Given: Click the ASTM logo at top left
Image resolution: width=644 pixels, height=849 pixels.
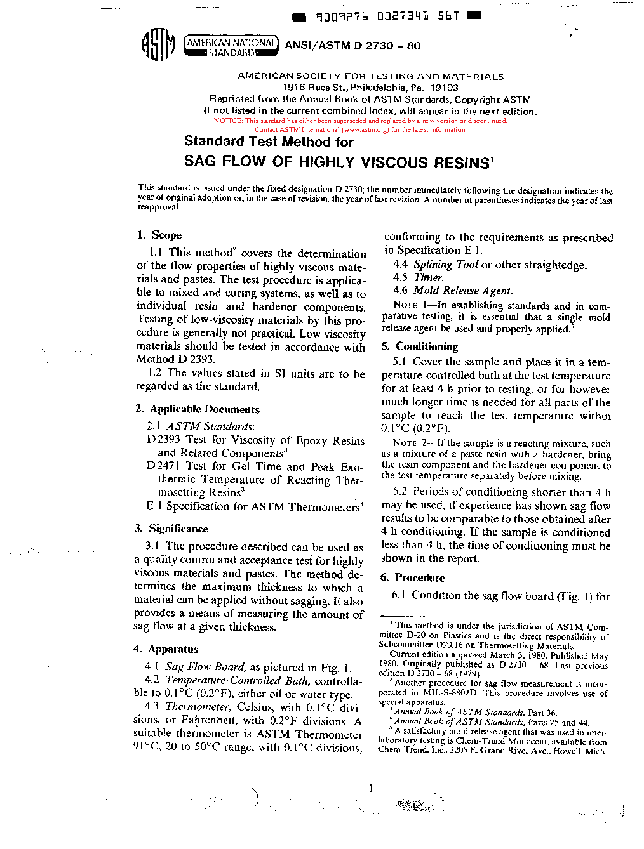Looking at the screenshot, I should [x=157, y=45].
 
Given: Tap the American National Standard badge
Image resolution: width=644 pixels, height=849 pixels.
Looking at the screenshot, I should [x=231, y=46].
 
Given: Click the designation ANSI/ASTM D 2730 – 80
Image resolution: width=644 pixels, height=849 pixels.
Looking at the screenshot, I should [x=352, y=46].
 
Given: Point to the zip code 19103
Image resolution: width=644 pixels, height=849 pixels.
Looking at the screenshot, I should [x=444, y=88].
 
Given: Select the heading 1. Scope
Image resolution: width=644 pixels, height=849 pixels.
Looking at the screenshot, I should [x=159, y=235].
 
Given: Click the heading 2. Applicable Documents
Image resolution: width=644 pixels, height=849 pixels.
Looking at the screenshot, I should [x=198, y=409].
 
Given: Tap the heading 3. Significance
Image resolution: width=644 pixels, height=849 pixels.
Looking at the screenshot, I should [x=171, y=529].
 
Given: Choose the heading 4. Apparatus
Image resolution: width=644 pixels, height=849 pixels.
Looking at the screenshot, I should [x=166, y=649].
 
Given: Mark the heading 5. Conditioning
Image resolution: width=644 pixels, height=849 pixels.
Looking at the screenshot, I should [x=419, y=346].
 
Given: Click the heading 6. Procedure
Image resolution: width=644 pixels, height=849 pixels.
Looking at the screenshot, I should [x=413, y=577].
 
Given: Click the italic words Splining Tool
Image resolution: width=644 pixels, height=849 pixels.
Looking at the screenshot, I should [x=446, y=265].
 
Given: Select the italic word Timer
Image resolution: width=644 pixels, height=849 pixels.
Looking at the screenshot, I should [x=429, y=277].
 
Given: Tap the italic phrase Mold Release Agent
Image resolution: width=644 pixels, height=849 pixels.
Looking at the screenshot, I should [x=462, y=291].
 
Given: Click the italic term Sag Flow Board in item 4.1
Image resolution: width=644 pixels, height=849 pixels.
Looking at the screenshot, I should [x=205, y=667].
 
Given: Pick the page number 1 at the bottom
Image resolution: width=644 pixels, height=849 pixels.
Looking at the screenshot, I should [x=371, y=789].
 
